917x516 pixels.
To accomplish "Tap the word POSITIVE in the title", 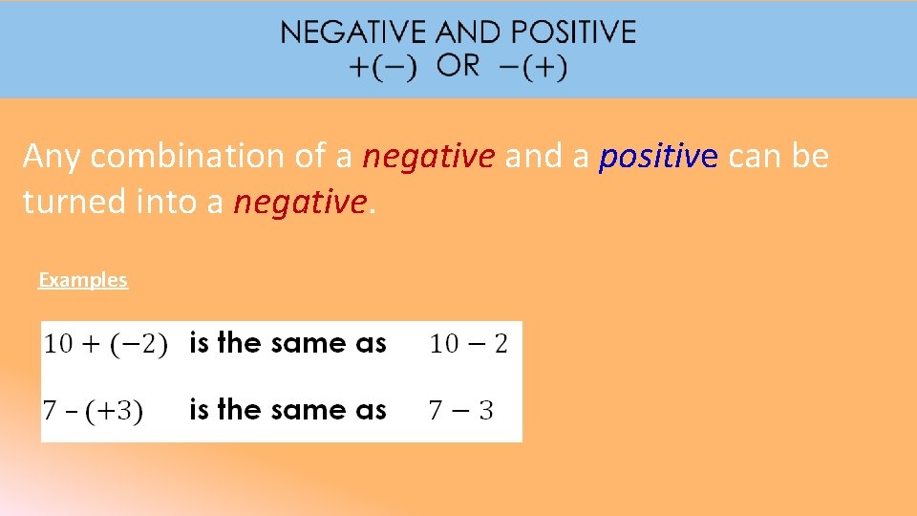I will coord(573,32).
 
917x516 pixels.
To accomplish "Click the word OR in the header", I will coord(458,66).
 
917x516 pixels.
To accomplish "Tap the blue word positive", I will coord(657,156).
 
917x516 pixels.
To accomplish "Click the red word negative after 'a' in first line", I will coord(429,156).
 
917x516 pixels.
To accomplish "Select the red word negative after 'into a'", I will coord(300,202).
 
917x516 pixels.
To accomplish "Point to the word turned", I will coord(69,202).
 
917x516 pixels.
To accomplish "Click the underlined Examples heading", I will coord(83,280).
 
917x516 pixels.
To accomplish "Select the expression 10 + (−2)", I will coord(106,344).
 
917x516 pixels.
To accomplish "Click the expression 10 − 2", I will coord(468,344).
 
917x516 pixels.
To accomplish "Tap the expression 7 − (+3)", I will coord(94,411).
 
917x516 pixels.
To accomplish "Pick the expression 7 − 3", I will coord(460,411).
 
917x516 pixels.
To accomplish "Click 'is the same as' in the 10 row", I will coord(288,343).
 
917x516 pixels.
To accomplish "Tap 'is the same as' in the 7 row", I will coord(288,410).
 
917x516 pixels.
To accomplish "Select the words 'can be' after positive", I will coord(778,156).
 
